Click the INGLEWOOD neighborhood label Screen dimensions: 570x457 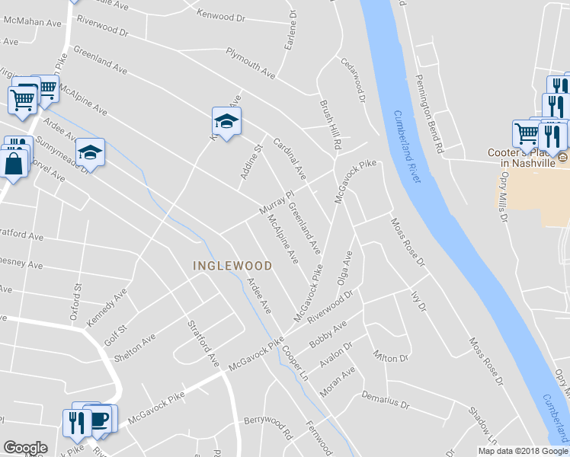tap(232, 266)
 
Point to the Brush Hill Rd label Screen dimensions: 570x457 tap(330, 124)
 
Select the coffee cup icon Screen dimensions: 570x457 tap(99, 420)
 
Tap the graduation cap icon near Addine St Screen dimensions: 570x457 tap(226, 121)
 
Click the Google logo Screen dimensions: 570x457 tap(25, 448)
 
